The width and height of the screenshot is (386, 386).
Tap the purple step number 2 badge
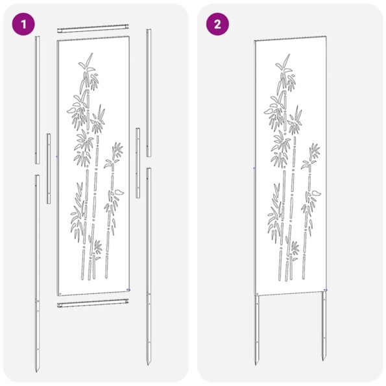click(217, 25)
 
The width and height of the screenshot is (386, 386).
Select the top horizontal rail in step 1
click(91, 30)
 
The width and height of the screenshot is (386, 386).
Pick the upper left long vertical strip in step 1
click(37, 97)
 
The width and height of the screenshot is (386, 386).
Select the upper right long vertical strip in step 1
click(149, 91)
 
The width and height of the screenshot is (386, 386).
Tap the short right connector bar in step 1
click(138, 162)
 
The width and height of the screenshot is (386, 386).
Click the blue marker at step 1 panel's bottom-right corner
click(129, 289)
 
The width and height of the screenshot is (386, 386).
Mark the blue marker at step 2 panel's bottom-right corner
click(325, 290)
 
